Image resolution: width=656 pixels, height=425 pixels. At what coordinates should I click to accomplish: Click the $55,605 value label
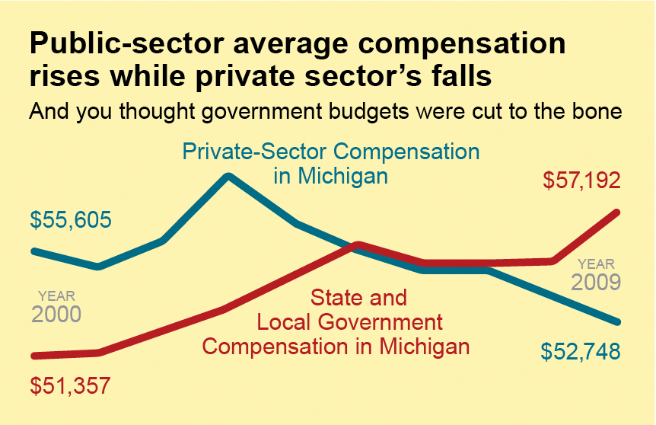click(x=71, y=220)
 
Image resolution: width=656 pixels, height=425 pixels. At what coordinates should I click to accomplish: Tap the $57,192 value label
click(x=582, y=181)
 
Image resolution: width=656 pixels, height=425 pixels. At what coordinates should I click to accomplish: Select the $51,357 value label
click(x=71, y=385)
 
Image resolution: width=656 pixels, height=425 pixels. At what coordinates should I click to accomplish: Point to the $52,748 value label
click(x=581, y=351)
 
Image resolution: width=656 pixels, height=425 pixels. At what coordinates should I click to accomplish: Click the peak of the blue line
click(x=228, y=177)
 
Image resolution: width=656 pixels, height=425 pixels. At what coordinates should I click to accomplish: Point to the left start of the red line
click(x=33, y=355)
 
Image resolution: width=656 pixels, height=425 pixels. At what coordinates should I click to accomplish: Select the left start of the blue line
click(x=33, y=251)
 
